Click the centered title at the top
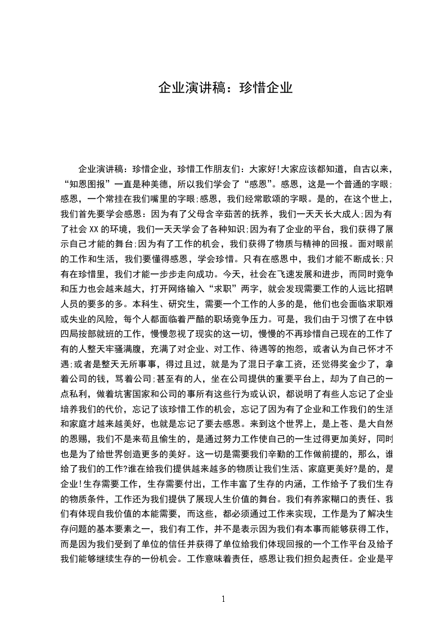(225, 88)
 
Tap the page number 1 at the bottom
(223, 598)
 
